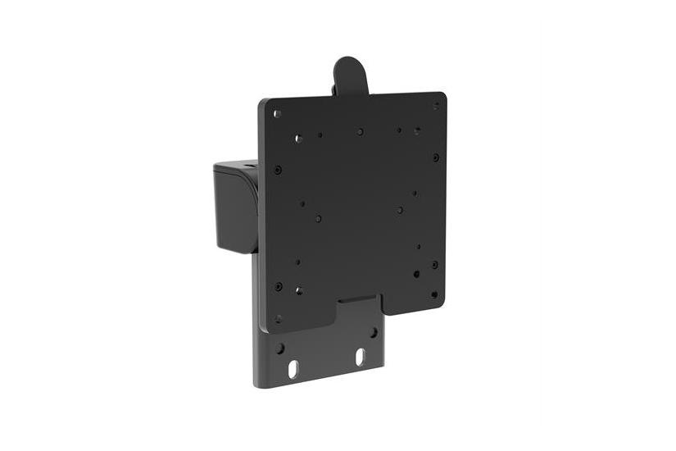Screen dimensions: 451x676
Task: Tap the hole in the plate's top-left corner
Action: (277, 114)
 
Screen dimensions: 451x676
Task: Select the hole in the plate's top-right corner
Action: (435, 106)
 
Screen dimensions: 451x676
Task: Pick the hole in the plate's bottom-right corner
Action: (434, 293)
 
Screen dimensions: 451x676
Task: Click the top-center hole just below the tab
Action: (360, 131)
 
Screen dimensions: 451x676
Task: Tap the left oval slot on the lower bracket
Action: (293, 370)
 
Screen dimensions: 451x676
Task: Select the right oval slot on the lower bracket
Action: (360, 358)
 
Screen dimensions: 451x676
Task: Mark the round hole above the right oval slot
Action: (373, 333)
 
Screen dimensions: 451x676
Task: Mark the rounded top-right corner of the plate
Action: (442, 98)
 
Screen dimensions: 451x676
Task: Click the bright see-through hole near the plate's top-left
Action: (298, 139)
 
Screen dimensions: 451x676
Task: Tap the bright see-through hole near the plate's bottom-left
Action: (298, 290)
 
